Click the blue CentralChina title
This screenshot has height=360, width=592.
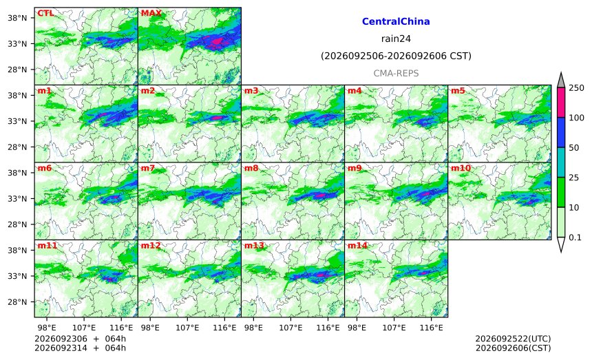(x=396, y=21)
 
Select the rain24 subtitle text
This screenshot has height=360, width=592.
(x=396, y=39)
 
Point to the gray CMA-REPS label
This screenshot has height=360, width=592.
(x=396, y=73)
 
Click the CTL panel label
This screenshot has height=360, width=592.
(x=45, y=13)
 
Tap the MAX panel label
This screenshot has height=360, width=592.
(x=151, y=13)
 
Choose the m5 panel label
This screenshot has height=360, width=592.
(x=458, y=91)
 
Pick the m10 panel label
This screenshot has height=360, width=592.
(x=461, y=168)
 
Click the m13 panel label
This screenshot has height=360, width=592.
(x=254, y=246)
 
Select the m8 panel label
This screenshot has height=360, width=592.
(x=251, y=168)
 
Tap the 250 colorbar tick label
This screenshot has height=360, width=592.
(x=577, y=88)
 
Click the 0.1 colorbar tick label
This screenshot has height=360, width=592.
(x=575, y=237)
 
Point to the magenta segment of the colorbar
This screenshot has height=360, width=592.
(x=560, y=103)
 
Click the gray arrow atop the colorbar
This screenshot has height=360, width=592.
(x=560, y=81)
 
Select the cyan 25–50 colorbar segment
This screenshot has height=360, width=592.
(x=560, y=162)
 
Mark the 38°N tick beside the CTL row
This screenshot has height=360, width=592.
(x=17, y=18)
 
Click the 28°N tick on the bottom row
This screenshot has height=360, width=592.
(x=17, y=302)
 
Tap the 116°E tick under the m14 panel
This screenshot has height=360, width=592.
(x=432, y=328)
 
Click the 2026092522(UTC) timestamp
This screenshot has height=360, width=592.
(x=513, y=339)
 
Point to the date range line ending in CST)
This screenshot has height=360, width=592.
(x=396, y=56)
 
